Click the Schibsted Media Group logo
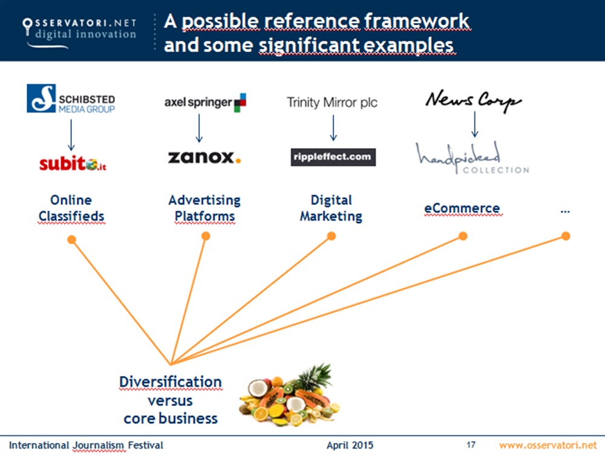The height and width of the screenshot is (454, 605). click(x=71, y=99)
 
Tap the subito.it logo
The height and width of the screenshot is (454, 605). click(x=73, y=163)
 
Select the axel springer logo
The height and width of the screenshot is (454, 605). click(x=205, y=102)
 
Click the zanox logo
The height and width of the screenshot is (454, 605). click(x=204, y=157)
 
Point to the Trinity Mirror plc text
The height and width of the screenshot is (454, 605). click(x=332, y=102)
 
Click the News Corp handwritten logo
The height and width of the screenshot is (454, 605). click(x=473, y=100)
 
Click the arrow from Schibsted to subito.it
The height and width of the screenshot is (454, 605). click(x=71, y=134)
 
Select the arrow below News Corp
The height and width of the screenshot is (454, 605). click(x=475, y=124)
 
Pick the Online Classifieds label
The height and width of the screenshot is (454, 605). click(x=71, y=208)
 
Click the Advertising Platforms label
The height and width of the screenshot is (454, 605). click(x=204, y=208)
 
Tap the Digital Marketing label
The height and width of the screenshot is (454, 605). click(x=331, y=208)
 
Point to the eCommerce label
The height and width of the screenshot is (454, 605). click(x=462, y=209)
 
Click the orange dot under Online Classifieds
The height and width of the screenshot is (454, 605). click(x=71, y=240)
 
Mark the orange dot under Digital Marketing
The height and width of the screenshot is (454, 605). click(x=331, y=236)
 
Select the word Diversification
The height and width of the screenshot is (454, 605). click(x=170, y=382)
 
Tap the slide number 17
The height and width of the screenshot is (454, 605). click(x=471, y=445)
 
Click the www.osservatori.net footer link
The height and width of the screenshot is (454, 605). click(x=548, y=445)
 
